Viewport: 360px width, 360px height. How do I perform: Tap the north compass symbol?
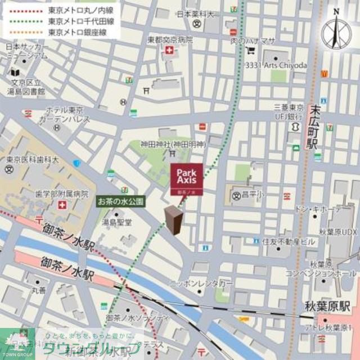(336, 29)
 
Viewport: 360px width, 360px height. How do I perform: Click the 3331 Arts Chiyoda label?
(276, 66)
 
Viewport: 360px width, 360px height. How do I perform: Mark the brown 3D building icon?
(173, 220)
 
